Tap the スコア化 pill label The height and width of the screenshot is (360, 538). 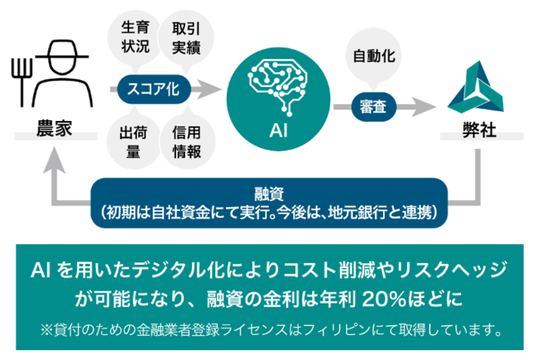(x=154, y=87)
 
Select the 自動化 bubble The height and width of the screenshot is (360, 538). (x=372, y=58)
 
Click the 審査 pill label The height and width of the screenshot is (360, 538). (x=372, y=107)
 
